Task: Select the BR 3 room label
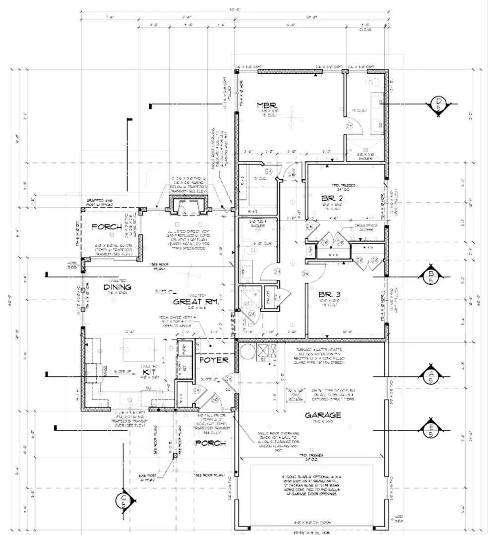pos(329,293)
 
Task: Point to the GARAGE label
pos(322,415)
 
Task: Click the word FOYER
pos(214,360)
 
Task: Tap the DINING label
pos(118,287)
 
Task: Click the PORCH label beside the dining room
pos(107,227)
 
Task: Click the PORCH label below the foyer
pos(210,442)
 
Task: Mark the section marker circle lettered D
pos(438,104)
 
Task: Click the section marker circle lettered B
pos(430,276)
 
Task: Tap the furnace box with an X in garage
pos(263,352)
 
